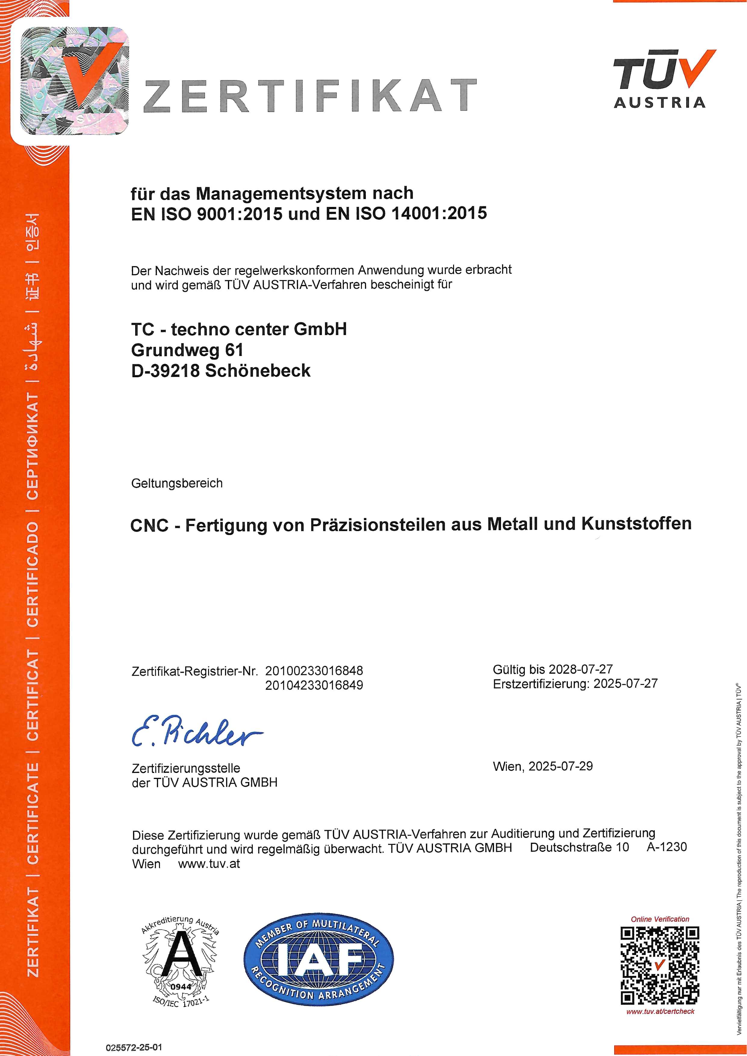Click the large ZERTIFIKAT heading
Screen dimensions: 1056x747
pos(310,96)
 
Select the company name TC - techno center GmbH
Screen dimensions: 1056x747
pos(239,329)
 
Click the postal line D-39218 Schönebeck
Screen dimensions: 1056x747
pos(221,371)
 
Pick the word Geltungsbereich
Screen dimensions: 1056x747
pos(177,483)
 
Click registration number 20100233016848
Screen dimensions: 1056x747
pos(314,671)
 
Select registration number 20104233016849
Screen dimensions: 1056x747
pos(314,685)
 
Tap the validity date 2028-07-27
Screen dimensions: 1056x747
pos(581,669)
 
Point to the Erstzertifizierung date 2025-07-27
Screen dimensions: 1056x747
pos(626,684)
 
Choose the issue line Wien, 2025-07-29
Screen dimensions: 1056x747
pos(543,766)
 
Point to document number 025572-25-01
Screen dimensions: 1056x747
pos(134,1048)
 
